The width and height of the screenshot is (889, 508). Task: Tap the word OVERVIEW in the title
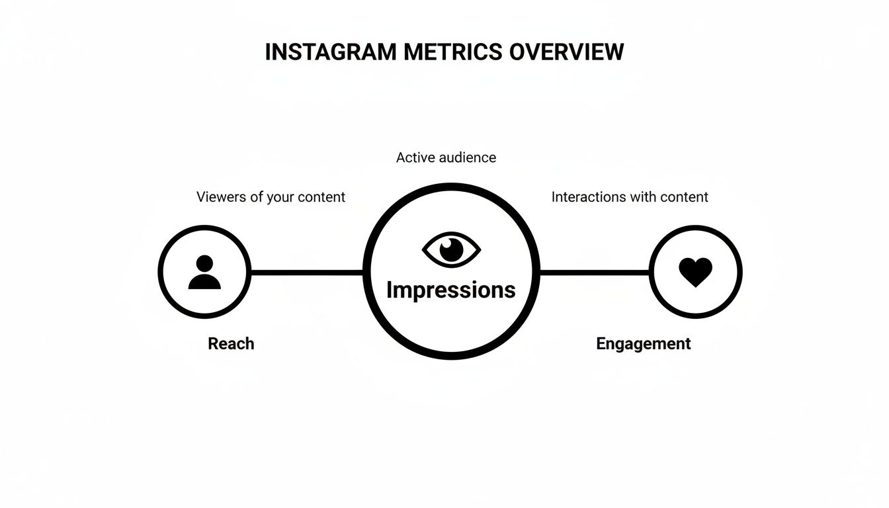(567, 52)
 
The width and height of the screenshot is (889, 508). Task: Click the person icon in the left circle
(204, 273)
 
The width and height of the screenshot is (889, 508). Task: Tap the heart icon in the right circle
(696, 272)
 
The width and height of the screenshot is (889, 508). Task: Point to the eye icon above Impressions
(451, 250)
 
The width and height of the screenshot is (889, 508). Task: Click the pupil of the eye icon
(452, 249)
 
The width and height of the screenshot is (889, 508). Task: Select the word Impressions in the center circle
(450, 290)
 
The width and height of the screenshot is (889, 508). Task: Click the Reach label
(231, 344)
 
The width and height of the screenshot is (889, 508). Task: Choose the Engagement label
(643, 344)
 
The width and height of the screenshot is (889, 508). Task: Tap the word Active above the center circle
(415, 157)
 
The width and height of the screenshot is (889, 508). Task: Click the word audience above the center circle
(466, 157)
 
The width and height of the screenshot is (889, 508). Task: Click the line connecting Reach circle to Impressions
(308, 272)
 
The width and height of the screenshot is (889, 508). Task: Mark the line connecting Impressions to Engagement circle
(594, 272)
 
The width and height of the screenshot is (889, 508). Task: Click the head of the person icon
(204, 263)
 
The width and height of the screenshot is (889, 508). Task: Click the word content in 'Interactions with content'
(683, 197)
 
